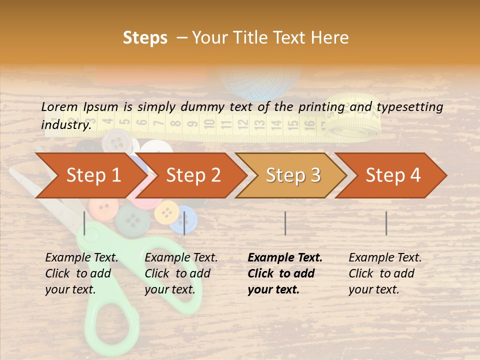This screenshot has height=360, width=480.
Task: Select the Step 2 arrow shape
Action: point(192,175)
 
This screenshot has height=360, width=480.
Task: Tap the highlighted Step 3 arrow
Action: point(292,175)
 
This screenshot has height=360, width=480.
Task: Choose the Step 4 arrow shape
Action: point(392,175)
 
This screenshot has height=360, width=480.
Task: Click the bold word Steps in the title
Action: point(145,37)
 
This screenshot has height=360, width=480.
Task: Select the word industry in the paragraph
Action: point(65,124)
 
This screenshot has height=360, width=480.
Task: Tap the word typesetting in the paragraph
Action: point(409,106)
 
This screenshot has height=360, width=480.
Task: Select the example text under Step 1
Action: point(81,273)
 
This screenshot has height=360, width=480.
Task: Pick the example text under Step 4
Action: point(385,273)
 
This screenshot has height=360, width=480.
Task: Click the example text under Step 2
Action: point(181,273)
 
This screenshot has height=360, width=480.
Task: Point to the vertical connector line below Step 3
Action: point(285,223)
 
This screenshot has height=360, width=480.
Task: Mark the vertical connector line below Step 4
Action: point(386,223)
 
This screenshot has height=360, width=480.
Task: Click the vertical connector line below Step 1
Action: point(84,223)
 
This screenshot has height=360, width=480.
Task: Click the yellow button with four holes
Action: point(166,212)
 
